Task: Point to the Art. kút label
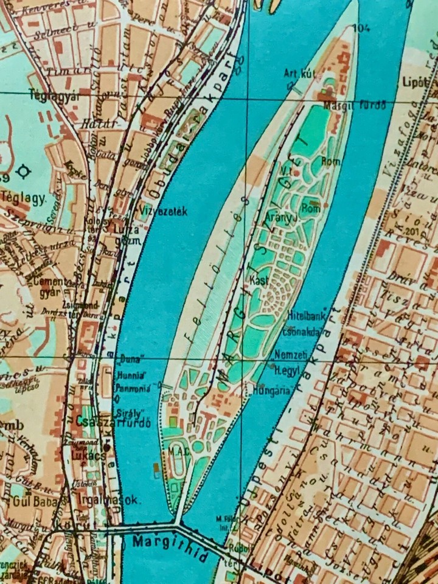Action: point(300,74)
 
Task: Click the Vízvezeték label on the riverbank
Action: point(164,212)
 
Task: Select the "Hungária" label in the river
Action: point(271,392)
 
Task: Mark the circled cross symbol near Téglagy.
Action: point(24,172)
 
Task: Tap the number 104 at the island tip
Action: point(364,27)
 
